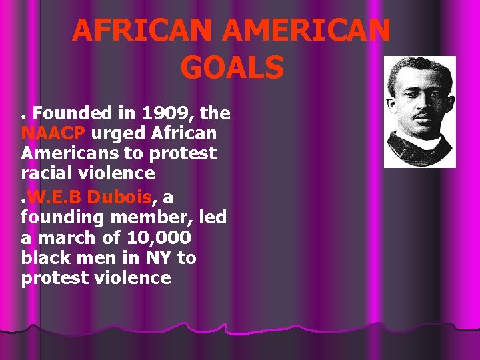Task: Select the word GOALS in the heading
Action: [x=231, y=67]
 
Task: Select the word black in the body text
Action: [x=46, y=258]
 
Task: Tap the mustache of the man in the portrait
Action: [x=421, y=115]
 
